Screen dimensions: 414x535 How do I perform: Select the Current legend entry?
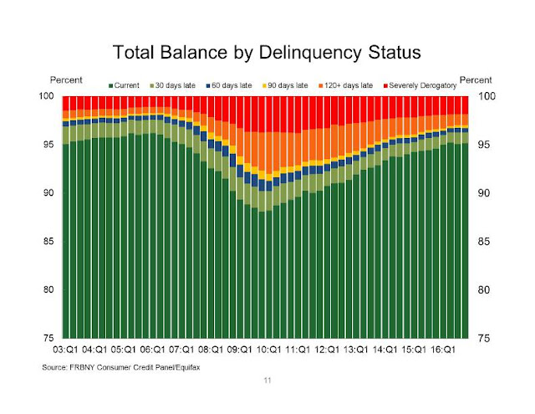[125, 85]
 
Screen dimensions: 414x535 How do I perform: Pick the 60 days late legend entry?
[228, 85]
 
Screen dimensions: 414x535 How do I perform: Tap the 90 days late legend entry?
[284, 85]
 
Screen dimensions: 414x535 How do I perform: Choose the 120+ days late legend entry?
[344, 85]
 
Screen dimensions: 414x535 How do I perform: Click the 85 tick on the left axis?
[53, 242]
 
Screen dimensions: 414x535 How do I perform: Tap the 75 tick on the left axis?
[53, 338]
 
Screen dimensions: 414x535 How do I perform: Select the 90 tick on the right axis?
[485, 193]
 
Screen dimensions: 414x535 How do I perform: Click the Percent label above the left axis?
[67, 79]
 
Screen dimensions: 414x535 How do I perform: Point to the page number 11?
[267, 381]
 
